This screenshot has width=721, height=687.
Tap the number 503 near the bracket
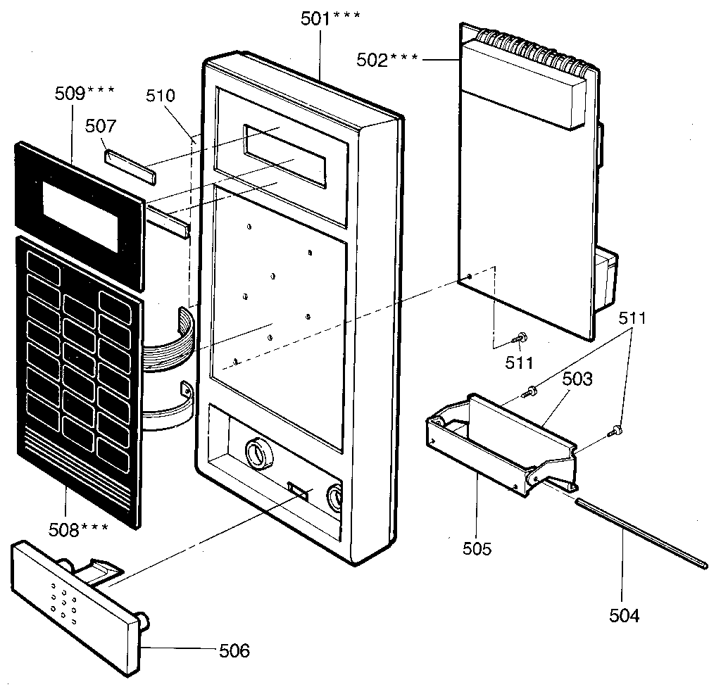click(577, 379)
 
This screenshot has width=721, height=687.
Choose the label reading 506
click(234, 650)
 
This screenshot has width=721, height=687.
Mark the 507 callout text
click(100, 127)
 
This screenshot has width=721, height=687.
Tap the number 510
click(161, 96)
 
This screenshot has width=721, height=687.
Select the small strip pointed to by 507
click(131, 160)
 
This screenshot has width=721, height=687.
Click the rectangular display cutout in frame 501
click(284, 156)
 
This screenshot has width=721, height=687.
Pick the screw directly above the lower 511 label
click(519, 339)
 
